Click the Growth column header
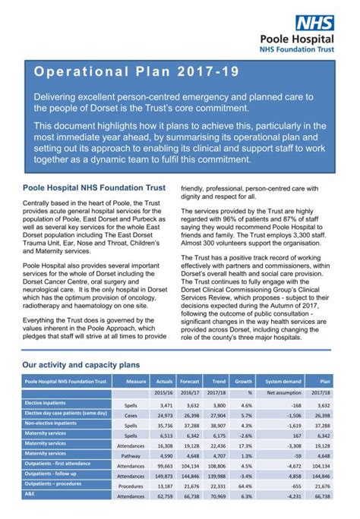245,381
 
